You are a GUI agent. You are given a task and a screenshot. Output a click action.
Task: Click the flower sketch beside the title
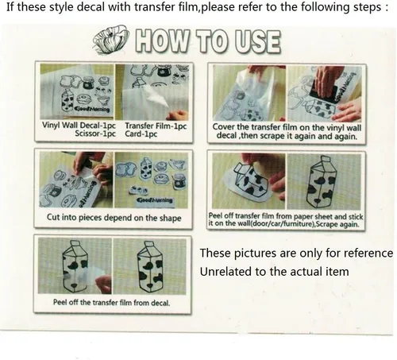(110, 40)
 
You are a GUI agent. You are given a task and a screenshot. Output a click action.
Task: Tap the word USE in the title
(257, 42)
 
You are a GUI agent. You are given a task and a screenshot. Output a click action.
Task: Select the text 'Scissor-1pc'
(95, 134)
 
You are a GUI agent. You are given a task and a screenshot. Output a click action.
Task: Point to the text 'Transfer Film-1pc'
(156, 126)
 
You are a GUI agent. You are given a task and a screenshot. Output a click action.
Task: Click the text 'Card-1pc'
(141, 134)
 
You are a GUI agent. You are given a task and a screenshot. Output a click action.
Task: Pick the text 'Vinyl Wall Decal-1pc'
(79, 126)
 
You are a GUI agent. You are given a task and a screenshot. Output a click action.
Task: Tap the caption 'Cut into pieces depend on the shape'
(114, 218)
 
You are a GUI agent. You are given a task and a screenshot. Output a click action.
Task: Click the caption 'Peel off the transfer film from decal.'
(111, 302)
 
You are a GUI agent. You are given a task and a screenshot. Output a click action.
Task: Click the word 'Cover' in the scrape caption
(224, 127)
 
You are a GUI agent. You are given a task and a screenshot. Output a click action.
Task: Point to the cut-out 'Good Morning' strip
(155, 200)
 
